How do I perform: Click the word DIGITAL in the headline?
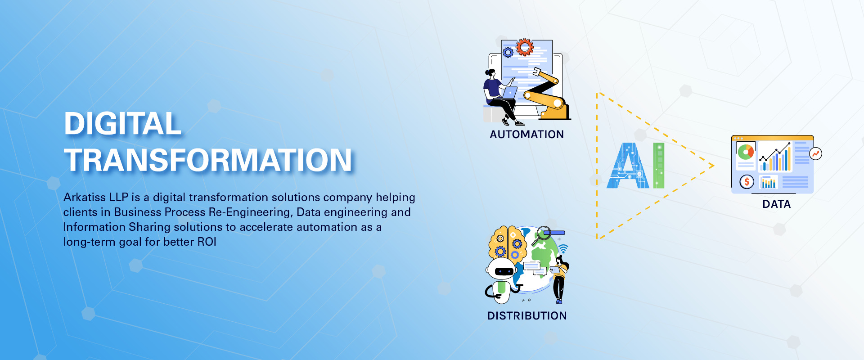[122, 123]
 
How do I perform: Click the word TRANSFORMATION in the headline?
[208, 160]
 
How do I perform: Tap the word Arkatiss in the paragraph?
[85, 197]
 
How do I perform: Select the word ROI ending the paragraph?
[207, 242]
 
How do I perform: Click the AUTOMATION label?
[526, 135]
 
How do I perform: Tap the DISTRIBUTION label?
[527, 316]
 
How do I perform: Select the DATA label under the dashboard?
[776, 204]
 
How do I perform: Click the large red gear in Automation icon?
[525, 47]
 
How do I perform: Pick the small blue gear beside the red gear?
[508, 53]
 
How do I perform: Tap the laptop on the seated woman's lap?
[509, 93]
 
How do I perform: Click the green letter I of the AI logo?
[659, 165]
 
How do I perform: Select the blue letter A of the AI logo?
[628, 166]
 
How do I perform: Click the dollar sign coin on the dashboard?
[747, 182]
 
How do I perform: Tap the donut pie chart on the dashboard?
[746, 152]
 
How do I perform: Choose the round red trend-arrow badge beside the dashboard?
[815, 154]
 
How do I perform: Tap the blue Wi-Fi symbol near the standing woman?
[563, 249]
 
